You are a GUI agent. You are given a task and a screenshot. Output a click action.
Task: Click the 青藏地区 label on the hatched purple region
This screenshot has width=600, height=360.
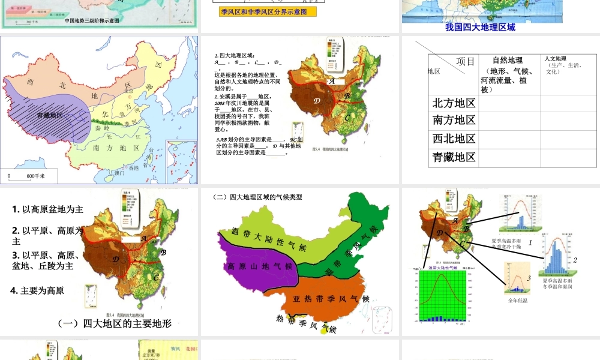[x=50, y=115]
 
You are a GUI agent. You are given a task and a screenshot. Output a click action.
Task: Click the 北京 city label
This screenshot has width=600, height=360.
[x=127, y=91]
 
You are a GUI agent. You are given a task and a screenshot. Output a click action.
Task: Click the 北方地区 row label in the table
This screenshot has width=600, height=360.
[x=454, y=103]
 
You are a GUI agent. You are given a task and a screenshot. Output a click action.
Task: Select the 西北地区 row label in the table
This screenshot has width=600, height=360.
[x=454, y=139]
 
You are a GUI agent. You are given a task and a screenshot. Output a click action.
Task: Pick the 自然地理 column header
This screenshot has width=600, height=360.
[x=507, y=60]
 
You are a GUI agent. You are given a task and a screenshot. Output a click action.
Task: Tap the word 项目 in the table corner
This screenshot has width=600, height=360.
[x=466, y=61]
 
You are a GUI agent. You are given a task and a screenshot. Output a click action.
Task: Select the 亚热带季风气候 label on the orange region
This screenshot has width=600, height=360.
[x=331, y=299]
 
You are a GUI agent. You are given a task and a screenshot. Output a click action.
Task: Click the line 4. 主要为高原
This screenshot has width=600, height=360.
[x=38, y=290]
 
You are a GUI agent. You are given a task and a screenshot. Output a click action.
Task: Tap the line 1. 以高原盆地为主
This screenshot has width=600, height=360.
[x=47, y=209]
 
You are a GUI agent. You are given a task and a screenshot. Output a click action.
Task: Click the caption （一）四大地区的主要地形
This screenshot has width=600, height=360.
[x=115, y=323]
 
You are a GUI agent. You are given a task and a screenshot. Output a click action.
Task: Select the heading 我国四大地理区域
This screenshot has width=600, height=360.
[x=480, y=27]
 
